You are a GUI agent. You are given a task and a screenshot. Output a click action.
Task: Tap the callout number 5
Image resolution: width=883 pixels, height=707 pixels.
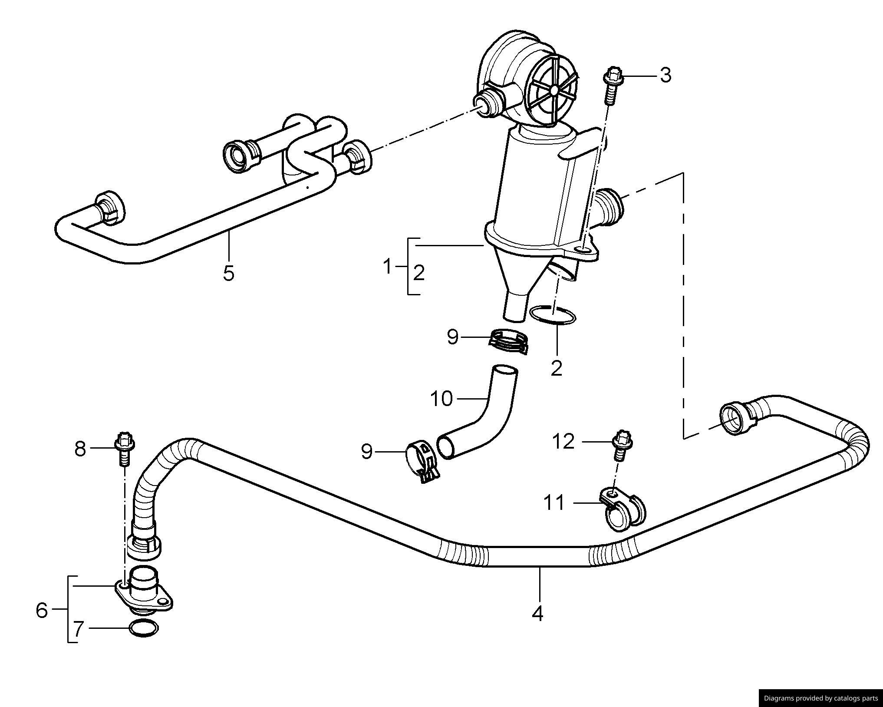tap(228, 274)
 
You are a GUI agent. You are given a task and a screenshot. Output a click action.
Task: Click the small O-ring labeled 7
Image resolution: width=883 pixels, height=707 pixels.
tap(144, 628)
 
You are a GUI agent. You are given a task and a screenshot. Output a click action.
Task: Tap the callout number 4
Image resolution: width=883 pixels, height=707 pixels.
tap(537, 613)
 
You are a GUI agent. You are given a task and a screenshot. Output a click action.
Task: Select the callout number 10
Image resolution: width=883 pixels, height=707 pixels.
tap(441, 399)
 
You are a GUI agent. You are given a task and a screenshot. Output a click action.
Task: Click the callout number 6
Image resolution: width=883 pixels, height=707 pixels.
tap(42, 610)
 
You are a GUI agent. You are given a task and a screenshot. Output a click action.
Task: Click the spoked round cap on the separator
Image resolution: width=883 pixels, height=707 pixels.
tap(554, 90)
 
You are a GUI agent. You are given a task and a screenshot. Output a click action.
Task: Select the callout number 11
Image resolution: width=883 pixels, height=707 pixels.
tap(554, 503)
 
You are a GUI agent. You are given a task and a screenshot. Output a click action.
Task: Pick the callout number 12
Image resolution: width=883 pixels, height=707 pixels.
tap(563, 442)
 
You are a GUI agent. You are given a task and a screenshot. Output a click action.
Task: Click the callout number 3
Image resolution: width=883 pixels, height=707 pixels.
tap(666, 75)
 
